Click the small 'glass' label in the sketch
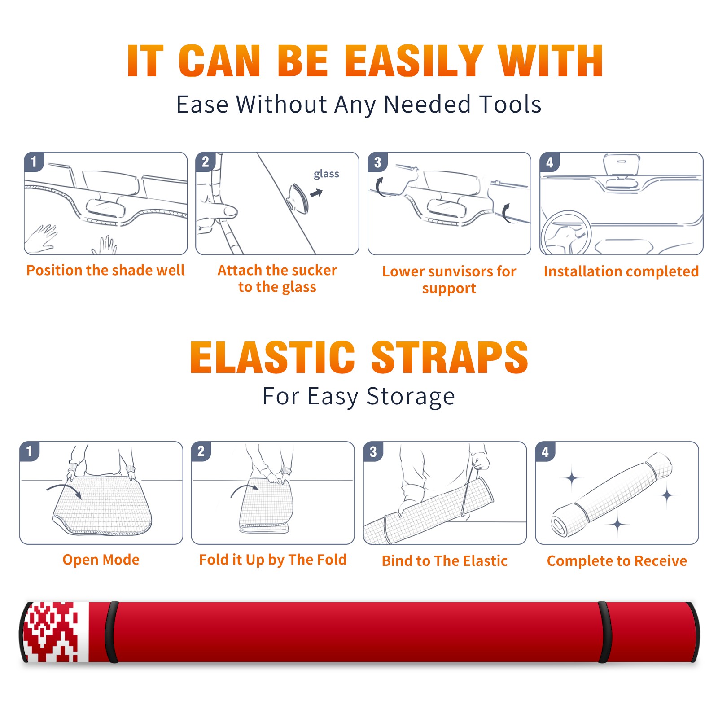pos(326,174)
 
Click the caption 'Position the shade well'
pos(105,270)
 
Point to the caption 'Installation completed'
pos(621,271)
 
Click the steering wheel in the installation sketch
pos(566,233)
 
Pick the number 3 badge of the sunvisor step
pos(377,162)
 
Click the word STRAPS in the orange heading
pos(450,357)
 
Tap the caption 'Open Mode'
pos(101,560)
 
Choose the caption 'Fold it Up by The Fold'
pos(273,560)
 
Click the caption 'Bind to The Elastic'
pos(445,561)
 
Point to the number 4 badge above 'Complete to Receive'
pos(545,451)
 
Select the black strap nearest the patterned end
pos(112,632)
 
